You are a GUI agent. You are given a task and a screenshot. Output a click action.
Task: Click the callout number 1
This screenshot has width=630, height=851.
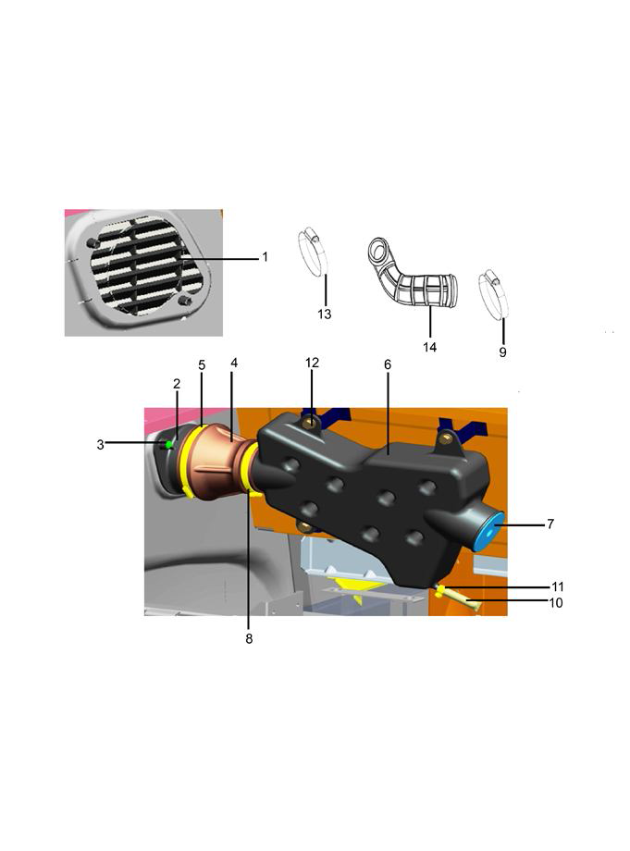point(265,257)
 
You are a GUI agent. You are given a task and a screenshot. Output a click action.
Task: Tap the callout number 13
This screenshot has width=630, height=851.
point(325,314)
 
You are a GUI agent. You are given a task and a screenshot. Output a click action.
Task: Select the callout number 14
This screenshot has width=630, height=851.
point(430,347)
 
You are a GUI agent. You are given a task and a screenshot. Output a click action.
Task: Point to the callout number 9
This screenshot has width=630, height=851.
point(503,352)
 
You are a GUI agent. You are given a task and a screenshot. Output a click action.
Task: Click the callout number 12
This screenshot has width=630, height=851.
point(312,363)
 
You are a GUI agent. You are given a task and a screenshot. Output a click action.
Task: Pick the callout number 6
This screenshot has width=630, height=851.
point(388,364)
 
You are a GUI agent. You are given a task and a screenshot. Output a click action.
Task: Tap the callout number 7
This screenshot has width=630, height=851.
point(550,524)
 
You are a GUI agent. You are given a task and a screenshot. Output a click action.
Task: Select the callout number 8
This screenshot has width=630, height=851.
point(249,639)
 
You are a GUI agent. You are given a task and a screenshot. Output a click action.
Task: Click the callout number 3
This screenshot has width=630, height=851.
point(101,445)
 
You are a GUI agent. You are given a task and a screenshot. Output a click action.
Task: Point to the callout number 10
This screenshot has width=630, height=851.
point(556,603)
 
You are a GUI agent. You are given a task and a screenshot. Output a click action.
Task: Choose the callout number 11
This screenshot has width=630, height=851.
point(557,586)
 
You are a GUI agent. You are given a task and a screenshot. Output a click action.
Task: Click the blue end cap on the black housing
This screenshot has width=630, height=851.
point(488,532)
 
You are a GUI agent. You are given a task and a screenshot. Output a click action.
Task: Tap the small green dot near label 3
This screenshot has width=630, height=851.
point(169,444)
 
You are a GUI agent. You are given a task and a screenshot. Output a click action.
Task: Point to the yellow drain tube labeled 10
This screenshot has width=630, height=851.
point(462,599)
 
